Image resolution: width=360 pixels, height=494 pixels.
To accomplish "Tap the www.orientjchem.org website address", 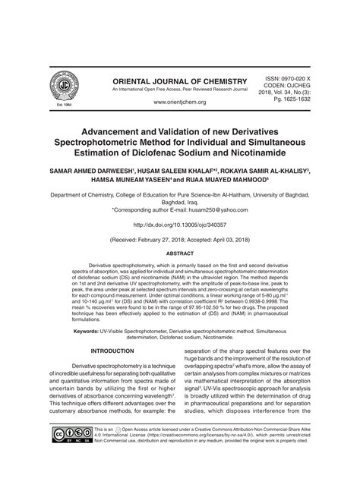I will point(180,102).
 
